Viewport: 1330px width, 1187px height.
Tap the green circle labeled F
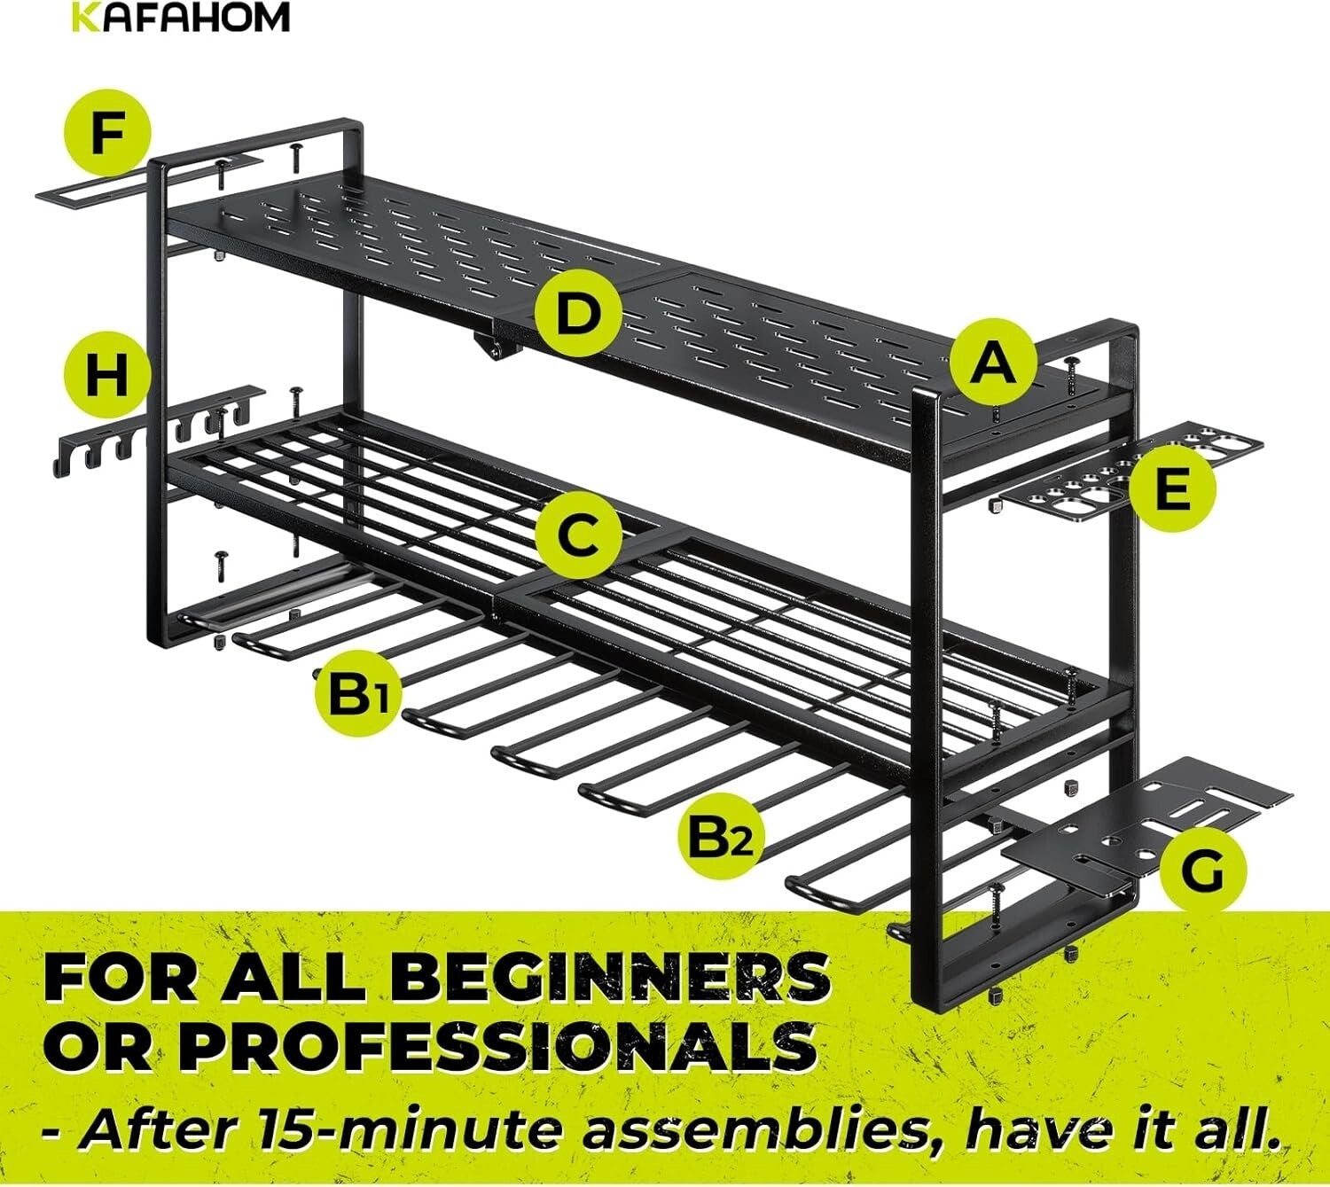[106, 133]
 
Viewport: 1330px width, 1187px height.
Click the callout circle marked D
[577, 315]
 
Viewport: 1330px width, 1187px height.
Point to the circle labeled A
[994, 363]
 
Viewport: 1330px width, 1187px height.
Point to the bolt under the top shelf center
[490, 348]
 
